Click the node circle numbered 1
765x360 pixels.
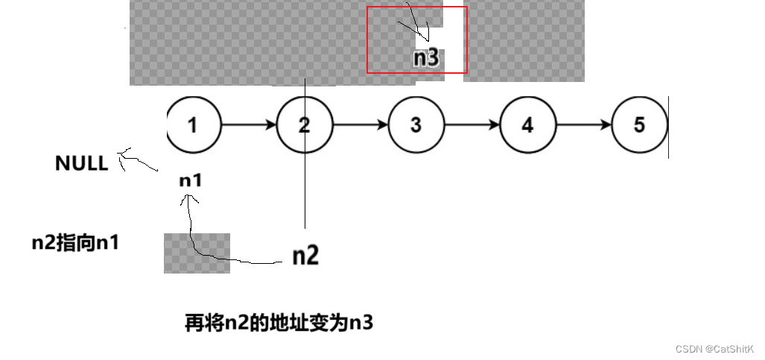[x=194, y=125]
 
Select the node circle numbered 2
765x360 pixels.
[x=305, y=125]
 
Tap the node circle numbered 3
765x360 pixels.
[x=416, y=125]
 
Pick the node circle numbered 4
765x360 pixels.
[x=527, y=125]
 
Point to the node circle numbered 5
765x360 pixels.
[x=639, y=125]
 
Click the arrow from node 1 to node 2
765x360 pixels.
[x=249, y=125]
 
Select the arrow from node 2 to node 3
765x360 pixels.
[x=361, y=125]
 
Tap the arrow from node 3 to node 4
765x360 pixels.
[x=472, y=125]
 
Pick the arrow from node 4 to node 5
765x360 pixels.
[x=583, y=125]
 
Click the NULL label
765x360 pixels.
[x=81, y=164]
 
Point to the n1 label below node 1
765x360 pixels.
[x=191, y=180]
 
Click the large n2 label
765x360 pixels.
[x=305, y=256]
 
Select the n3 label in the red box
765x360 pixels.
[x=426, y=58]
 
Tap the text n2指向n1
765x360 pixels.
[x=76, y=242]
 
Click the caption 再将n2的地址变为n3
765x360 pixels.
[x=279, y=323]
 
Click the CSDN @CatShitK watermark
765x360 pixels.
[x=714, y=349]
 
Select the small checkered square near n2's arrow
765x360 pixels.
[x=197, y=253]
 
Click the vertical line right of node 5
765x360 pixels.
[x=668, y=127]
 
